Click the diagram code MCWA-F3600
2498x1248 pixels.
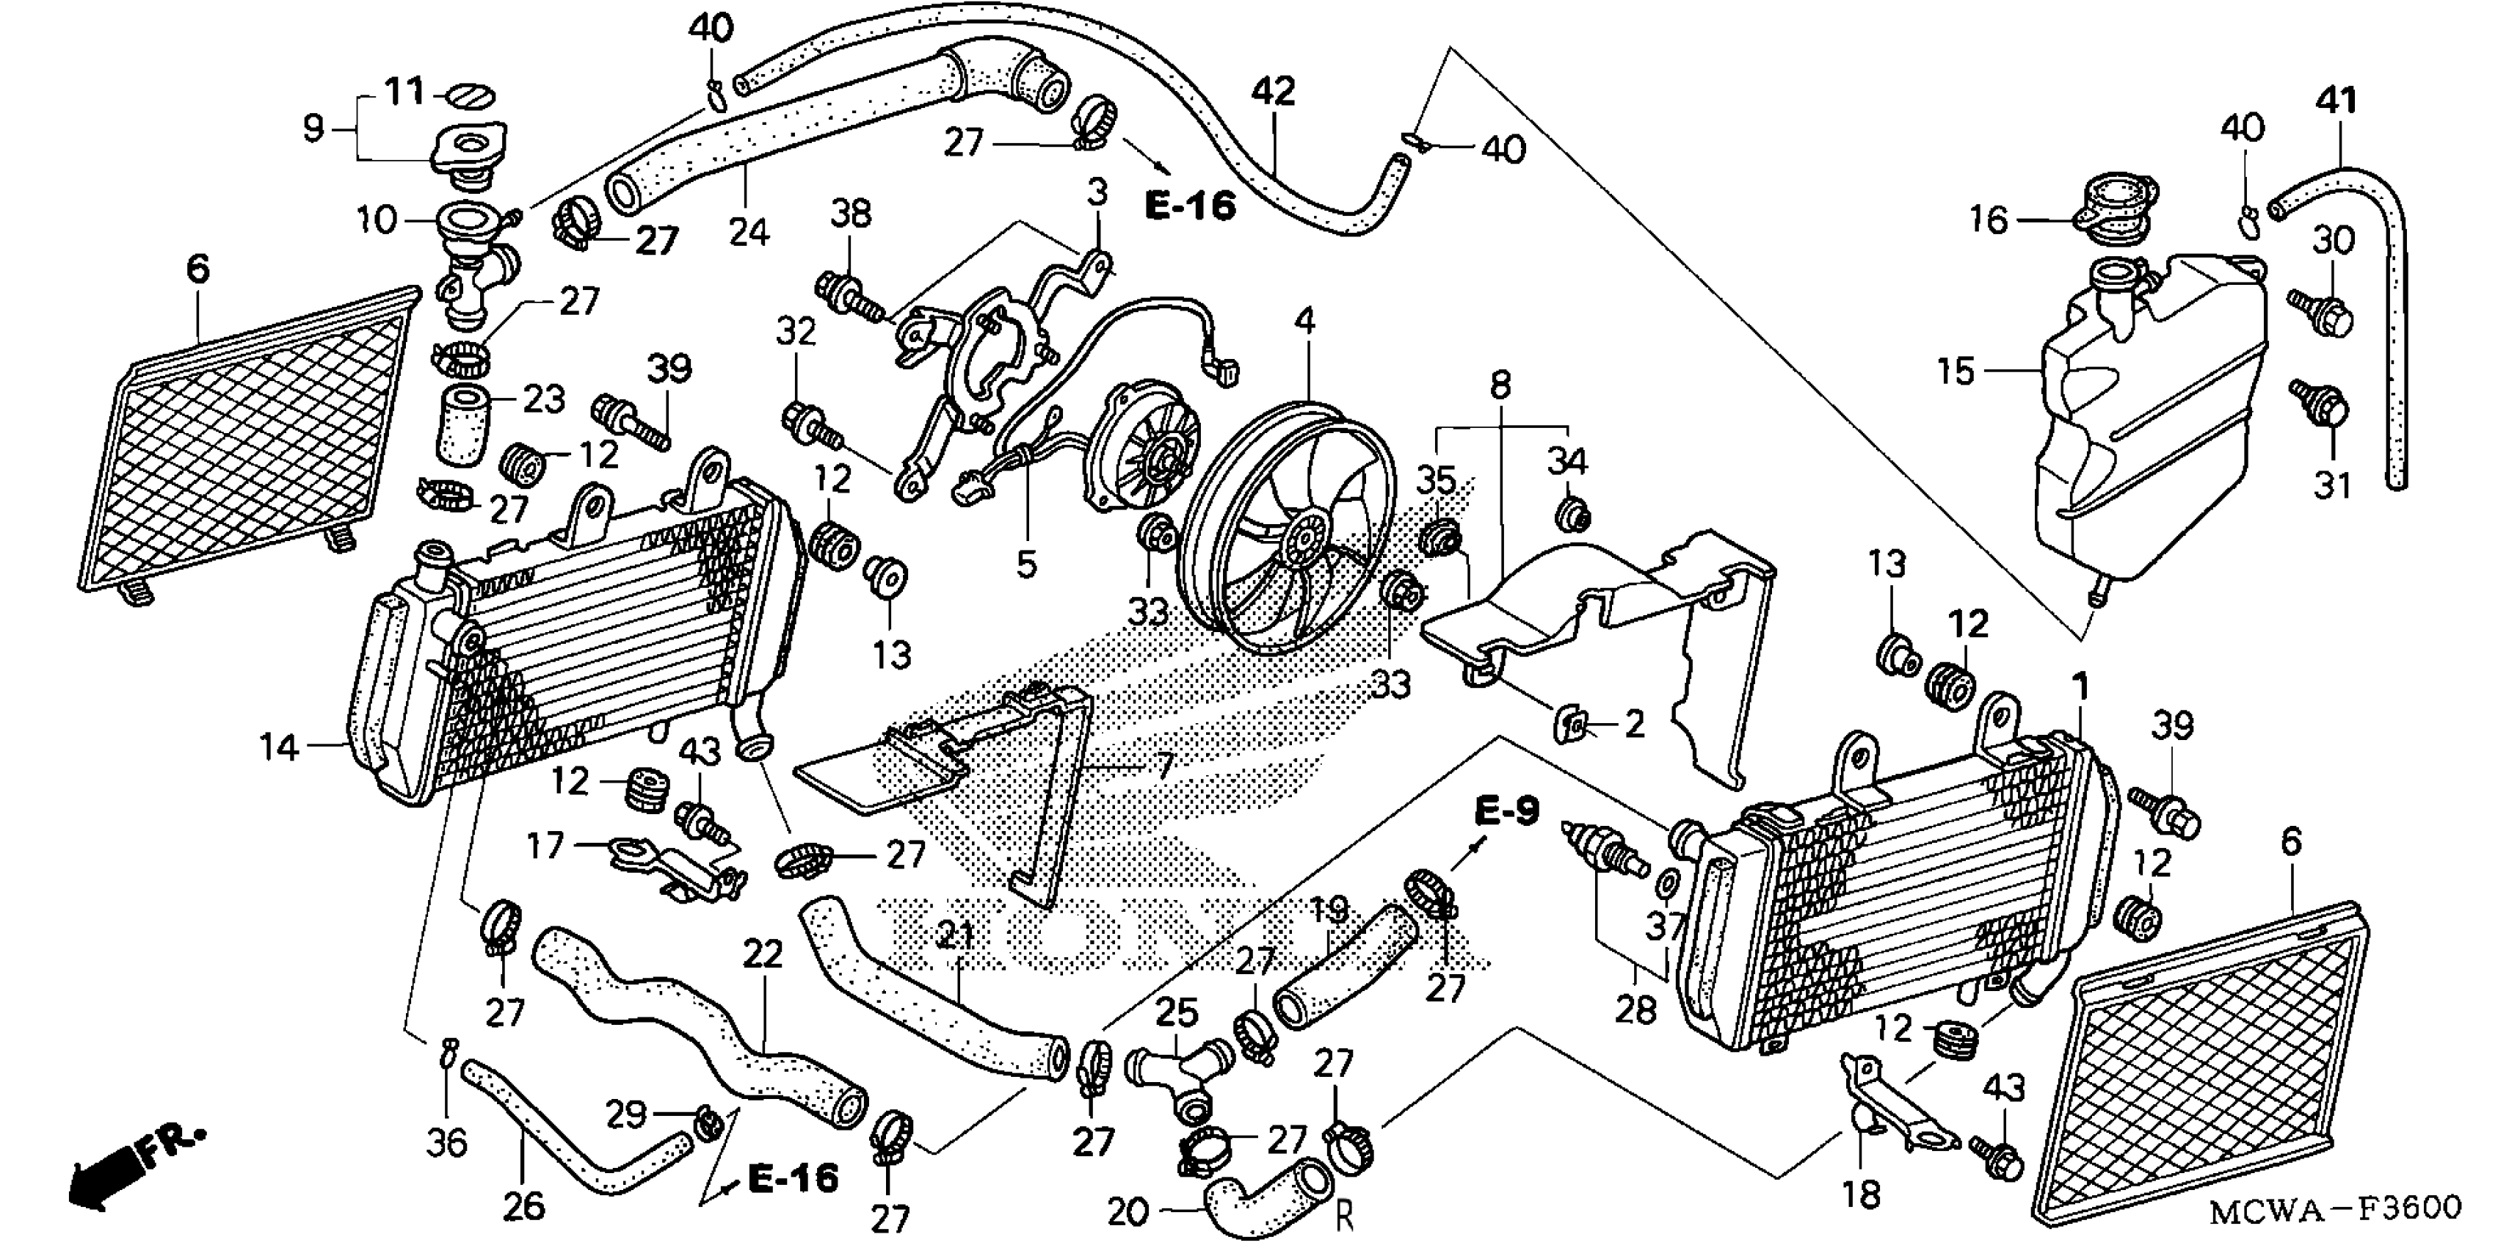tap(2335, 1208)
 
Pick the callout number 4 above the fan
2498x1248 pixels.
tap(1305, 320)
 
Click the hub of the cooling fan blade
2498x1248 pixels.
tap(1301, 543)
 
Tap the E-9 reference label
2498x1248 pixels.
tap(1507, 810)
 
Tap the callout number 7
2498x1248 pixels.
tap(1163, 769)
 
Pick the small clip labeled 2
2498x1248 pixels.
tap(1575, 723)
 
